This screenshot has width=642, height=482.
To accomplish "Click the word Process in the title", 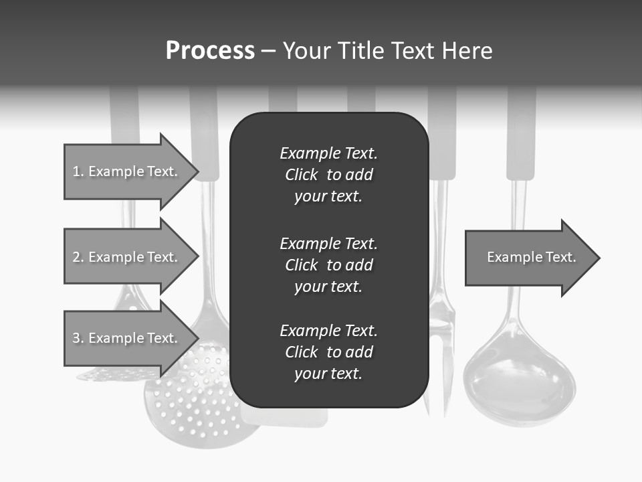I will [x=210, y=51].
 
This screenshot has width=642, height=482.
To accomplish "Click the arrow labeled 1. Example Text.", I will [x=127, y=171].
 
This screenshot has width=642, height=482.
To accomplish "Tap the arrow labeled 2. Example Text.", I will [x=127, y=257].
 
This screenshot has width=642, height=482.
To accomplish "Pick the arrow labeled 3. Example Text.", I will [x=127, y=338].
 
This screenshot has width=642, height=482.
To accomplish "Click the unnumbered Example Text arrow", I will [x=528, y=257].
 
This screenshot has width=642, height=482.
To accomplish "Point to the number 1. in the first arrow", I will [x=78, y=171].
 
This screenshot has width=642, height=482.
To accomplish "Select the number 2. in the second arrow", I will [x=78, y=257].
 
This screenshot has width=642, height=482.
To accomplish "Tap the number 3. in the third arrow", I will [x=78, y=338].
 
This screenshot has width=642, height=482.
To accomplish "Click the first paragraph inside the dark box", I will [x=328, y=175].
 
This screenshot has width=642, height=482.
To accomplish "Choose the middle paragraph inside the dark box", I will [x=328, y=265].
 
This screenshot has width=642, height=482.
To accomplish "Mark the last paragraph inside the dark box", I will [x=328, y=352].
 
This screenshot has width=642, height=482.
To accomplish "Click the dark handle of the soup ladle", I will [x=521, y=147].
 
